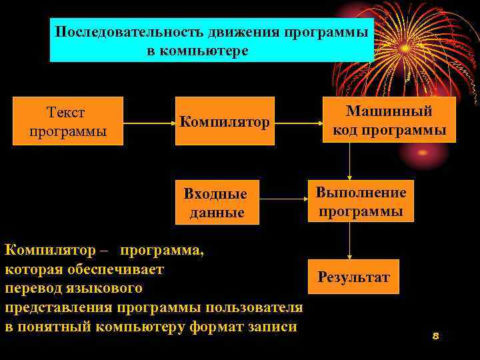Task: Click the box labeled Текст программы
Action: (x=69, y=121)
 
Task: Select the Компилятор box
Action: (x=225, y=122)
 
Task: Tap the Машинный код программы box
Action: (x=390, y=120)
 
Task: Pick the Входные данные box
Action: (x=216, y=203)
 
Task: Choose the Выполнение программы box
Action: (x=361, y=202)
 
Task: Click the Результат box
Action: (x=354, y=277)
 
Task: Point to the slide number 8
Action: (x=435, y=336)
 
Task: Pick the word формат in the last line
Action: (x=219, y=327)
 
